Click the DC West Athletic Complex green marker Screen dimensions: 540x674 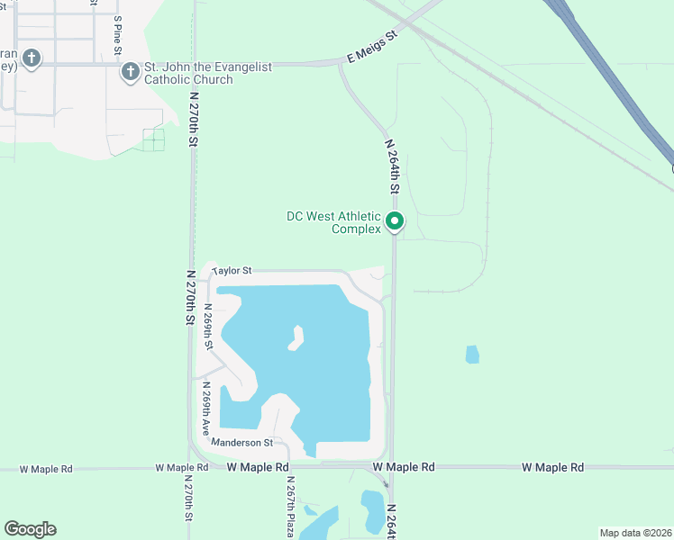pyautogui.click(x=394, y=220)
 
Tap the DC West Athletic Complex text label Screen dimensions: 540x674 pyautogui.click(x=334, y=222)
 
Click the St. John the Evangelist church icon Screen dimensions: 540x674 pyautogui.click(x=131, y=70)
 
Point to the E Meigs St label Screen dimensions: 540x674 pyautogui.click(x=372, y=48)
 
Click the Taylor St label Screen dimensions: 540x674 pyautogui.click(x=232, y=269)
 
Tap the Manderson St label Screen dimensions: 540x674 pyautogui.click(x=241, y=443)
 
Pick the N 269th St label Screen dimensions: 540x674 pyautogui.click(x=208, y=328)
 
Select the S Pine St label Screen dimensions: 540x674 pyautogui.click(x=117, y=36)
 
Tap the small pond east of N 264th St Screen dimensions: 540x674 pyautogui.click(x=472, y=355)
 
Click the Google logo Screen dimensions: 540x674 pyautogui.click(x=30, y=529)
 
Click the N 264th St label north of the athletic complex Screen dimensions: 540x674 pyautogui.click(x=392, y=166)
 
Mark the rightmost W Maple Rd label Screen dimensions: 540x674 pyautogui.click(x=552, y=467)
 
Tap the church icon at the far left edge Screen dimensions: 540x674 pyautogui.click(x=32, y=59)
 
